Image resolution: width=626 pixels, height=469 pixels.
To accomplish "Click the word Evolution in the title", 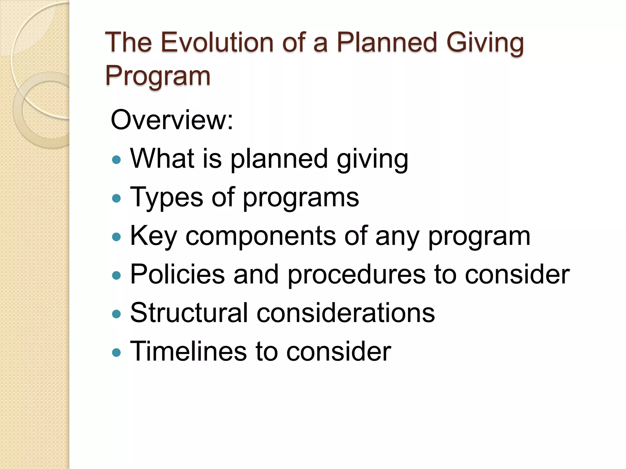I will pos(217,42).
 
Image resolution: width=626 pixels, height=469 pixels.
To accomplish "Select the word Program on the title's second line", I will pos(158,77).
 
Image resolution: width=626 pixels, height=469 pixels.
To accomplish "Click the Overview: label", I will pos(172,120).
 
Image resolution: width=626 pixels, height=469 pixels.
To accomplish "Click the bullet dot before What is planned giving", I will pos(116,160).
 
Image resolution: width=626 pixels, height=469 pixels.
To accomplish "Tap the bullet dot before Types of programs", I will pos(116,199).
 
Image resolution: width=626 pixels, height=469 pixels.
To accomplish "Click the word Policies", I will pos(178,274).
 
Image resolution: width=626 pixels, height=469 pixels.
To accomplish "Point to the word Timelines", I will pos(188,351).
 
